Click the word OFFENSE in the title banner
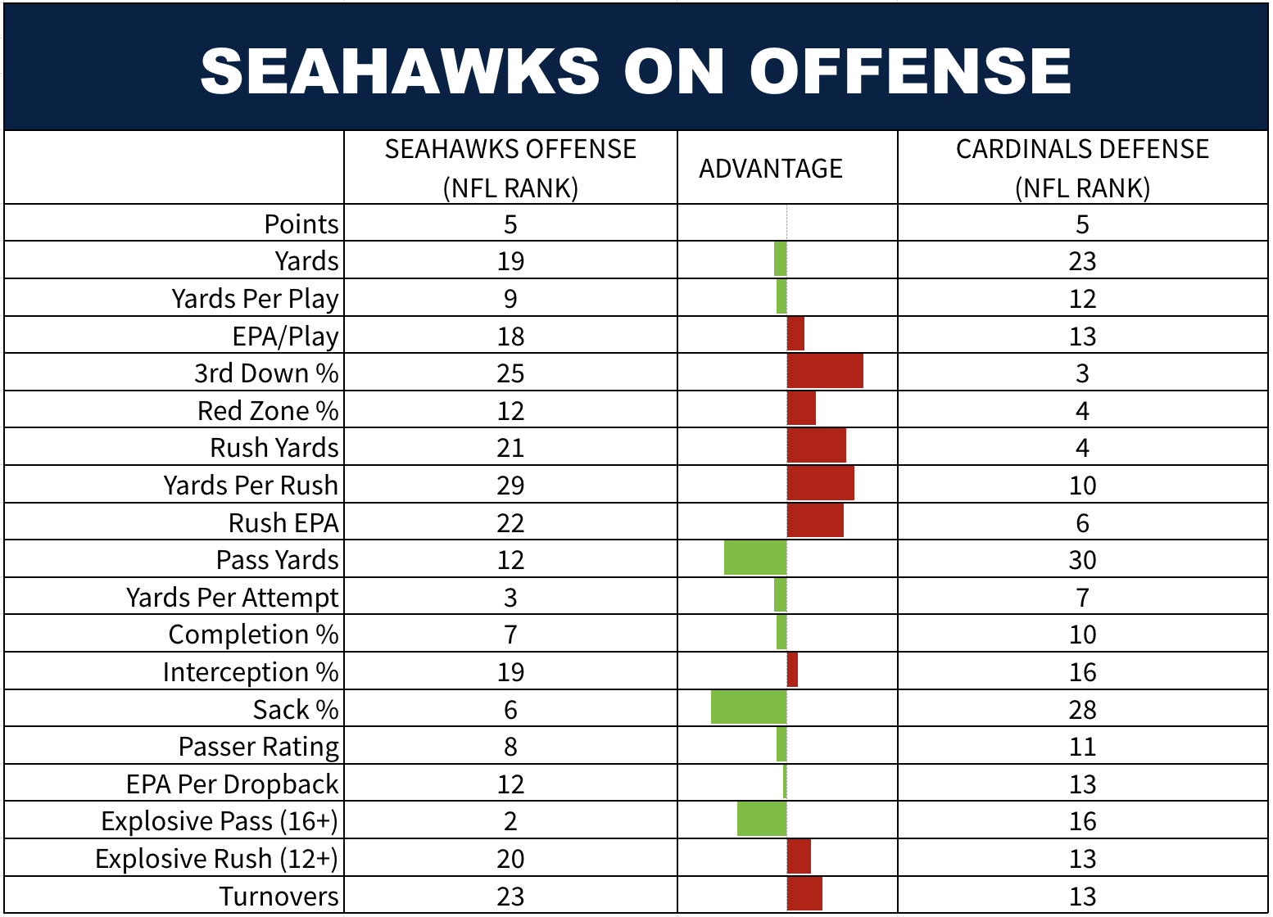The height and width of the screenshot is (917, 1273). (x=910, y=70)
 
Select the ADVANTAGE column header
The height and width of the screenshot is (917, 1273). (x=770, y=169)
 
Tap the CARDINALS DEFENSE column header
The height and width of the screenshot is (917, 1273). (x=1082, y=168)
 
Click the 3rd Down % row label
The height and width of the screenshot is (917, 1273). (x=266, y=373)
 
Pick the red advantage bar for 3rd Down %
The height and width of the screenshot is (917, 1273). (x=825, y=372)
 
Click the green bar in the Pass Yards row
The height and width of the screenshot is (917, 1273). (x=755, y=558)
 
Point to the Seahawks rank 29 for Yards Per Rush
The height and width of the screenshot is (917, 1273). (x=510, y=486)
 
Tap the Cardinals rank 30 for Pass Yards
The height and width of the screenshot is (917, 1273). (x=1082, y=560)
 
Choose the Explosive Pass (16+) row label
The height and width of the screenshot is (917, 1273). (x=220, y=821)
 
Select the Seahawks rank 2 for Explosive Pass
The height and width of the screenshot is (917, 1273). (x=510, y=821)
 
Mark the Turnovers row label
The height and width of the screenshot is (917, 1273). (x=279, y=897)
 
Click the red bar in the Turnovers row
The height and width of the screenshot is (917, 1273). (x=804, y=894)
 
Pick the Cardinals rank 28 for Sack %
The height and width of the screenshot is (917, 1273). (x=1082, y=710)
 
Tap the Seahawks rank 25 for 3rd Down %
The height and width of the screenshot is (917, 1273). (x=510, y=373)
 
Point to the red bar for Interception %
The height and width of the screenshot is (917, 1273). (x=792, y=671)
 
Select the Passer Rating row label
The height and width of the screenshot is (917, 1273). (x=258, y=747)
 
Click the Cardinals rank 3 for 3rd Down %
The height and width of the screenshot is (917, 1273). (x=1082, y=373)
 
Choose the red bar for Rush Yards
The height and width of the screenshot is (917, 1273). (x=817, y=446)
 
